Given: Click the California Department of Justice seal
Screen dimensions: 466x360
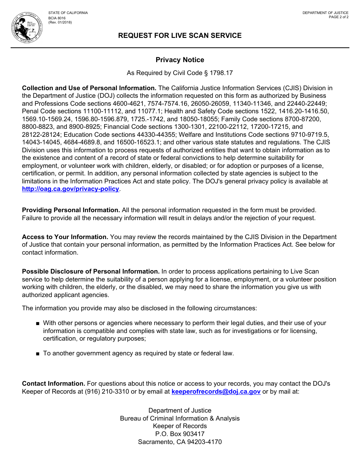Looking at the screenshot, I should tap(27, 28).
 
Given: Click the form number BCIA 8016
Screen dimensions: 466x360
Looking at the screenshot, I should tap(57, 18).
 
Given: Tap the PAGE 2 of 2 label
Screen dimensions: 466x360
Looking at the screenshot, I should tap(338, 17).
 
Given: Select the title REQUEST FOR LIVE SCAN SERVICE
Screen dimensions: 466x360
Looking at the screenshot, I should tap(180, 36).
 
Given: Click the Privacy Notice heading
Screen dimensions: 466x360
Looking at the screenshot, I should tap(180, 60).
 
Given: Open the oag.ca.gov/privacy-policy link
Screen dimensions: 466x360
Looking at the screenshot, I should tap(70, 189).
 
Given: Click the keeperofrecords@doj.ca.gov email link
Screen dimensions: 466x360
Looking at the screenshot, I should tap(216, 392).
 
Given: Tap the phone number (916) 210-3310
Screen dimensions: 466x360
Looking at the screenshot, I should tap(107, 392).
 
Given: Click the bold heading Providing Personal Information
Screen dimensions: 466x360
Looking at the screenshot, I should tap(71, 210).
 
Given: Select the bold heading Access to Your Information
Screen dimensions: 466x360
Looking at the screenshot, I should tap(65, 237).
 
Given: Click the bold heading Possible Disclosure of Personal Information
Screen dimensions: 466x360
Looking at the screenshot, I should tap(91, 272).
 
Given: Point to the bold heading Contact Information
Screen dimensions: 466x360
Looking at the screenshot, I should tap(53, 384).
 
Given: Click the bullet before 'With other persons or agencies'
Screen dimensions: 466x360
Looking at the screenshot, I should tap(38, 324).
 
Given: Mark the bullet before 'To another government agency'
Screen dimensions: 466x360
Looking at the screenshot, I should tap(38, 354).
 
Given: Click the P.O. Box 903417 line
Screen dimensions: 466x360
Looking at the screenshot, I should tap(180, 434).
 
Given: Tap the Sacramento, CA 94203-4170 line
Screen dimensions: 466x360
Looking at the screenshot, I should tap(180, 442).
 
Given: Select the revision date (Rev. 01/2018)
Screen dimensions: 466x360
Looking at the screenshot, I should tap(60, 22).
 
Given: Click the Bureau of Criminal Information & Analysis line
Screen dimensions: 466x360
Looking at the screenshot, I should tap(180, 419).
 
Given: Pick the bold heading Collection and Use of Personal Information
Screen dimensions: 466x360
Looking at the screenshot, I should tap(89, 88).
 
